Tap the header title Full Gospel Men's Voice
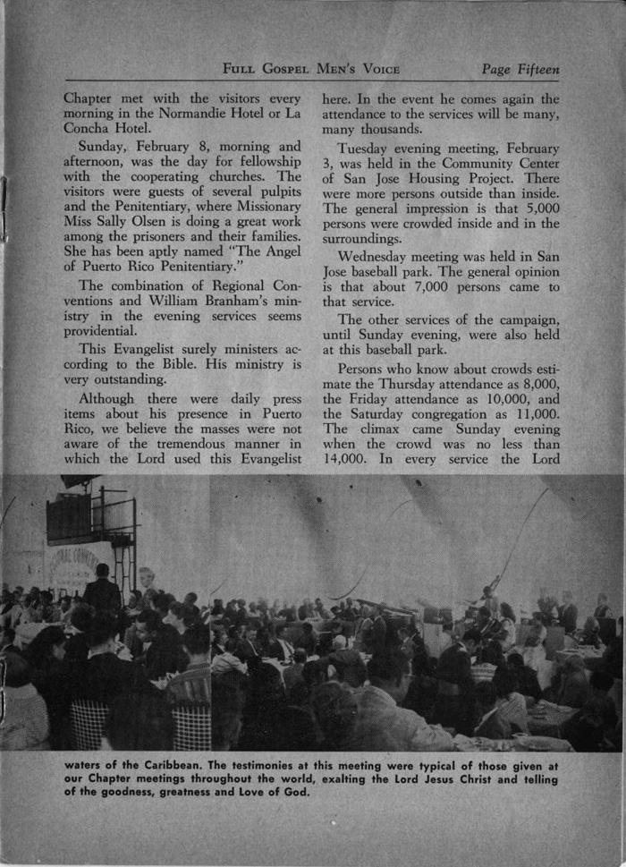311,69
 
